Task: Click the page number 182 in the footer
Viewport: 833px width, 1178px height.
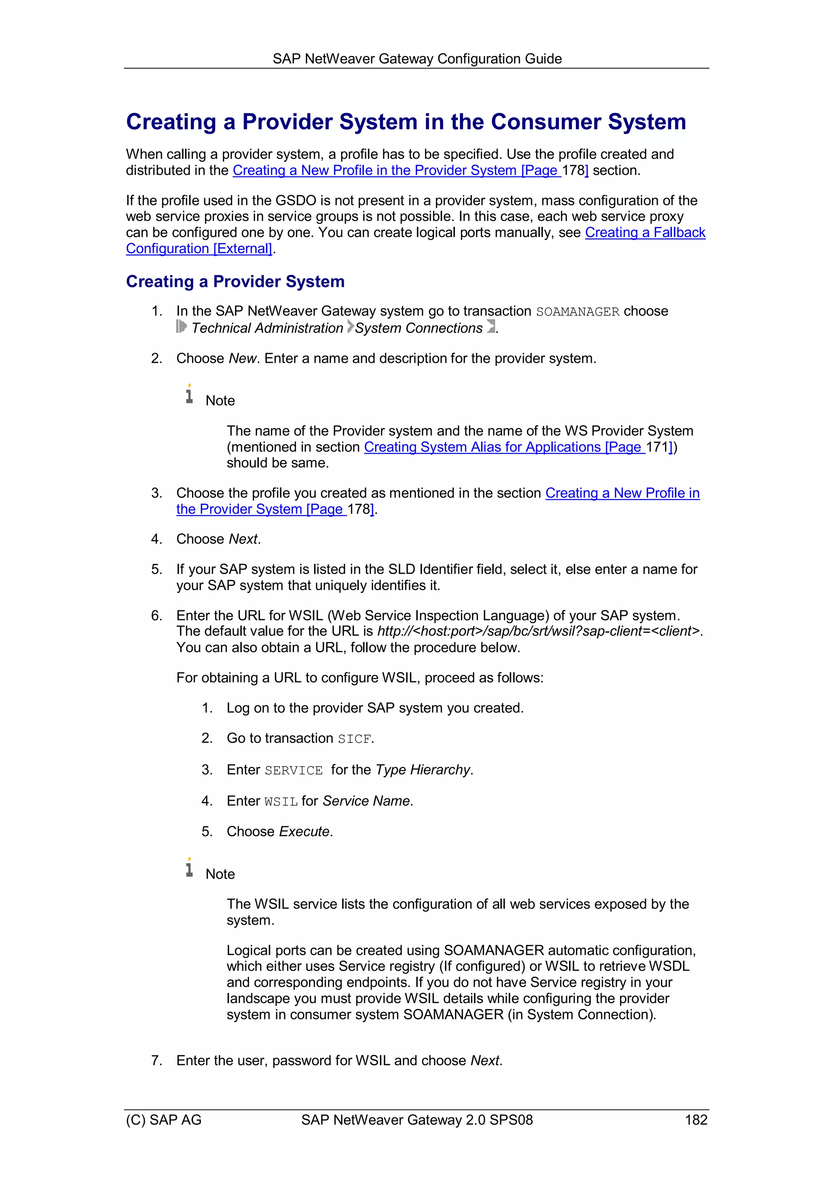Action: (x=696, y=1119)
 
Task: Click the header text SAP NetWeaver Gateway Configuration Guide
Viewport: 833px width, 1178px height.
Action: (x=417, y=59)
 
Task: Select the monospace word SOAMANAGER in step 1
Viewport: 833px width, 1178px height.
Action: (x=578, y=312)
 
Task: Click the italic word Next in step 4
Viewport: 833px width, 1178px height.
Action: (x=243, y=539)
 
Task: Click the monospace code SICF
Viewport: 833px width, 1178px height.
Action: (x=354, y=739)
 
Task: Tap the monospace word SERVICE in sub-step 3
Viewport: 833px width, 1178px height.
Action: (x=294, y=771)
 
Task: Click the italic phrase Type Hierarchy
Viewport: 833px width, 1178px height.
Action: (x=423, y=770)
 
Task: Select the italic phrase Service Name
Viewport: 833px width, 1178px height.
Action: (x=366, y=801)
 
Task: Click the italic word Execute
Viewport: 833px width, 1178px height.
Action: (x=304, y=831)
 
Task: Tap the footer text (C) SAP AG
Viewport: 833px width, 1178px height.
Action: (x=164, y=1119)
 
